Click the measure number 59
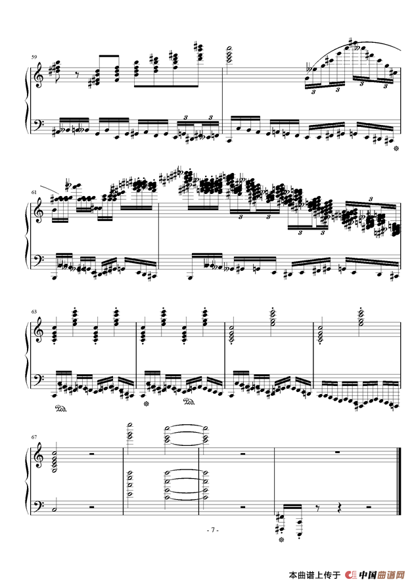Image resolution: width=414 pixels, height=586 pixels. [x=34, y=57]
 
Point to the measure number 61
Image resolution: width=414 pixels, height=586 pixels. [x=34, y=192]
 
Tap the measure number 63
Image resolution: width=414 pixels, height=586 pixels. [x=34, y=311]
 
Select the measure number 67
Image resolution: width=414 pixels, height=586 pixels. [x=34, y=437]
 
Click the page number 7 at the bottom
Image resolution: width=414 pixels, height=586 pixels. [x=213, y=529]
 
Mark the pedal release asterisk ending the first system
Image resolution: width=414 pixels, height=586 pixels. [x=396, y=149]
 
